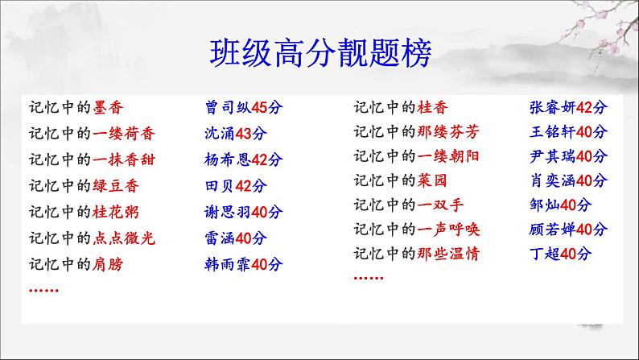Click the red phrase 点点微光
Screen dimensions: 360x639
[x=124, y=238]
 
